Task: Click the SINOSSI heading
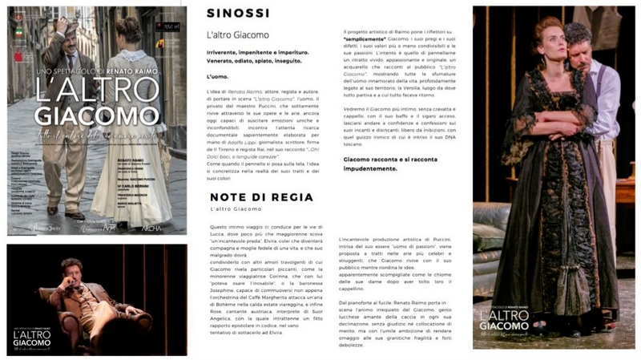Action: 236,14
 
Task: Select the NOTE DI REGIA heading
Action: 255,196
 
